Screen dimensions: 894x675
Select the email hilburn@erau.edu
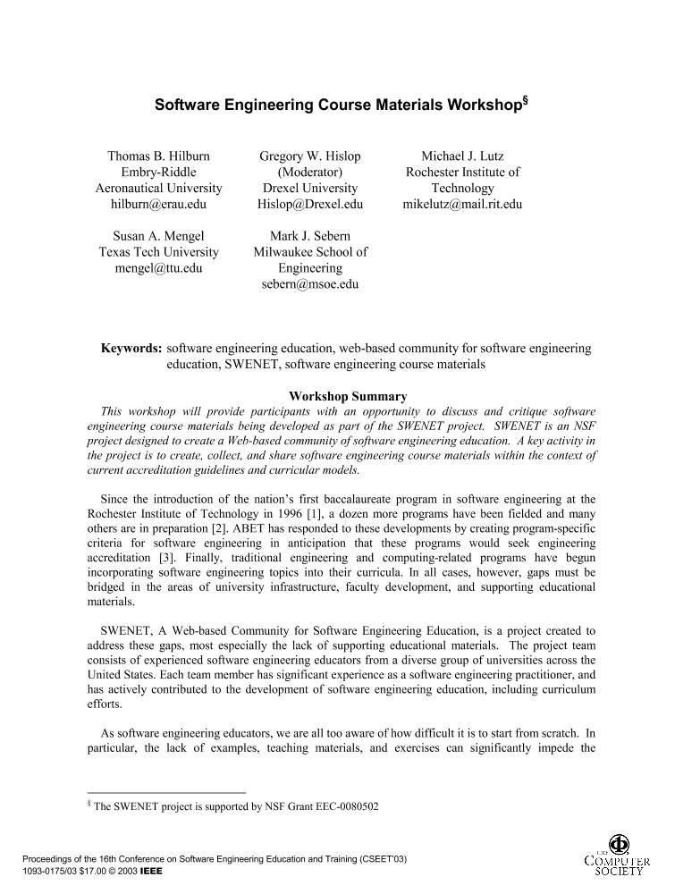coord(159,205)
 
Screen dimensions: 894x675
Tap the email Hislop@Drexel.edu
coord(309,205)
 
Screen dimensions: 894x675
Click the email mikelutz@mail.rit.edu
coord(462,205)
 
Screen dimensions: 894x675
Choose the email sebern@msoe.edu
coord(309,284)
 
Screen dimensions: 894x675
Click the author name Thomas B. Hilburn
coord(159,156)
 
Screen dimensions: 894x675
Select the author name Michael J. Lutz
coord(462,156)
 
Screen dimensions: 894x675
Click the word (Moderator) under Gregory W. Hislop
coord(309,173)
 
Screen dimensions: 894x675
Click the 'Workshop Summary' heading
coord(348,396)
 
